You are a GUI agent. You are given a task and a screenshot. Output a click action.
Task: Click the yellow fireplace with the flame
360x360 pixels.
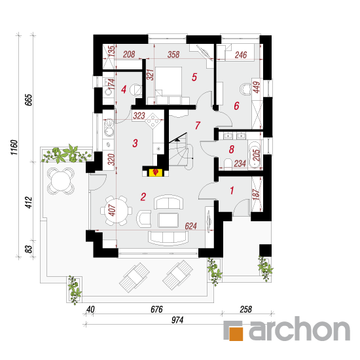pos(156,172)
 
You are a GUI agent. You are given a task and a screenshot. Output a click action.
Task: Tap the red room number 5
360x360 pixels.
pos(194,77)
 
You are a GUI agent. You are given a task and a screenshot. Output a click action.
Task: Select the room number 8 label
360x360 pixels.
pos(232,149)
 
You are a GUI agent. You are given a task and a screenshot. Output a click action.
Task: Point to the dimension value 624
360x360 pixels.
pos(190,226)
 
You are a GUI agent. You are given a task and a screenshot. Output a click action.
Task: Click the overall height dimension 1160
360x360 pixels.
pos(14,147)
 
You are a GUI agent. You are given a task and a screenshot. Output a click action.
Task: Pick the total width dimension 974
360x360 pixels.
pos(177,320)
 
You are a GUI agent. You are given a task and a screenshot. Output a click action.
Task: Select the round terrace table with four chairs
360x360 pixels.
pos(61,181)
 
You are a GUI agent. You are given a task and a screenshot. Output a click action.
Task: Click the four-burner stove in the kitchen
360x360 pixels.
pos(153,120)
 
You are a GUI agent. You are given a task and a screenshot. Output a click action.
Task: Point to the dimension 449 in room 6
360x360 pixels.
pos(257,87)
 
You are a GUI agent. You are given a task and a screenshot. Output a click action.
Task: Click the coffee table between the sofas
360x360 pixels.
pos(168,220)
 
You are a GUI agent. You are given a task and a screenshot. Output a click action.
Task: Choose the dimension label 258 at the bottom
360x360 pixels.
pos(245,309)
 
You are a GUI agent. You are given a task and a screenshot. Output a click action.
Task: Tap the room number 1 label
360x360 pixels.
pos(232,190)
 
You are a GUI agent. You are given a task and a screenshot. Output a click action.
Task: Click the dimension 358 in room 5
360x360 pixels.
pos(173,54)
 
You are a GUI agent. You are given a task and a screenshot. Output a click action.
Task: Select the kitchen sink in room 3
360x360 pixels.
pos(109,127)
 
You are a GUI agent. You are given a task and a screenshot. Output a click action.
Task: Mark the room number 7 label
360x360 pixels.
pos(198,126)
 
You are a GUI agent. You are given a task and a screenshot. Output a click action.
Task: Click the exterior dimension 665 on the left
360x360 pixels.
pos(29,100)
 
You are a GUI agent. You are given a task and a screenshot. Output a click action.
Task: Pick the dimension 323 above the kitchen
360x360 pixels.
pos(139,115)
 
